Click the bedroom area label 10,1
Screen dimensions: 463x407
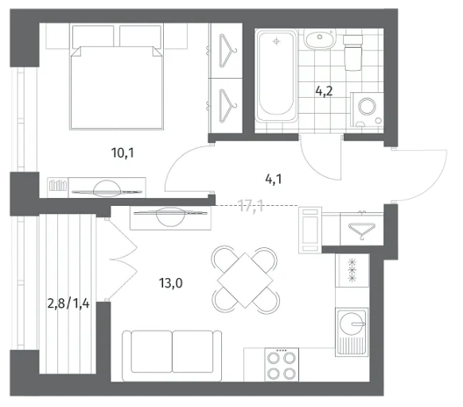[123, 153]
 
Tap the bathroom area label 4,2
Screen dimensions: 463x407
[325, 91]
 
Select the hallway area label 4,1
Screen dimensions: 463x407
[274, 179]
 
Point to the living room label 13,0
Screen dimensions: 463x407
[171, 283]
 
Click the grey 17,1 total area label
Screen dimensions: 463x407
[251, 206]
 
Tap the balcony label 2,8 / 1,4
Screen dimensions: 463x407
[68, 303]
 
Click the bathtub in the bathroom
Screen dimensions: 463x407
[276, 76]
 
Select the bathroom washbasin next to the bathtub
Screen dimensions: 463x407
[320, 39]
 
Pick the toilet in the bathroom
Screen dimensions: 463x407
[353, 52]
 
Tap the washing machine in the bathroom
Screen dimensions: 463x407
[367, 110]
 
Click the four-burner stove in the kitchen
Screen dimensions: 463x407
[282, 364]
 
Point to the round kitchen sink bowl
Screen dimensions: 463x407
[352, 324]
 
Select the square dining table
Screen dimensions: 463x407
[245, 280]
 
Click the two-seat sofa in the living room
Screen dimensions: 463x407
[172, 355]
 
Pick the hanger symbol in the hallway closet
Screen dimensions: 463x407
[362, 231]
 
